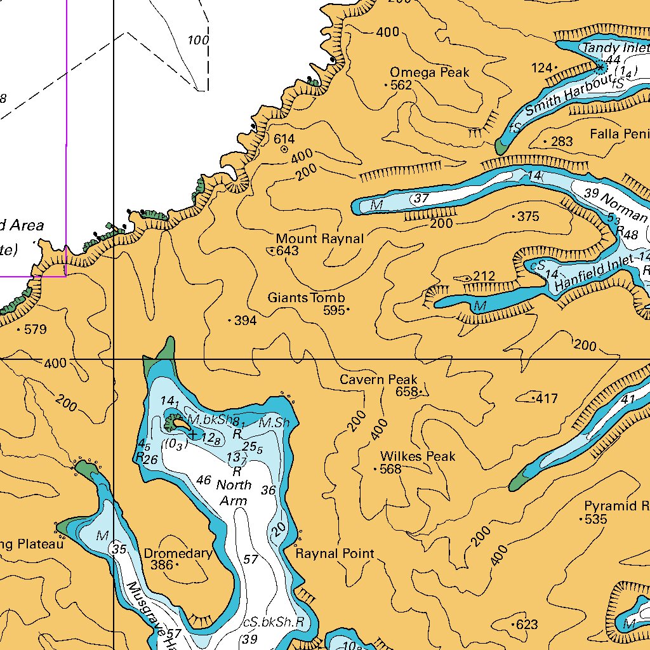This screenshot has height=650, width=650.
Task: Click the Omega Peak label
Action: tap(430, 72)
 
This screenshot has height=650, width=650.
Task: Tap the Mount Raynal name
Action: tap(320, 239)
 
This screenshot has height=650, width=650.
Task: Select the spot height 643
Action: tap(287, 251)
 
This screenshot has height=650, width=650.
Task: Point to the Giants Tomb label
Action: tap(306, 298)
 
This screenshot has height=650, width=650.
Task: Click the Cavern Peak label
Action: tap(378, 380)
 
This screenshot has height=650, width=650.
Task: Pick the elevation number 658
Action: tap(406, 392)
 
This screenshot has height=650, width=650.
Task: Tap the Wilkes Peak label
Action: tap(418, 456)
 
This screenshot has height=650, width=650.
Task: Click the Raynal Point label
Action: tap(335, 554)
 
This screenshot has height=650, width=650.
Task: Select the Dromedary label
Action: tap(178, 554)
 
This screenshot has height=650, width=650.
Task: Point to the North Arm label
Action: tap(234, 493)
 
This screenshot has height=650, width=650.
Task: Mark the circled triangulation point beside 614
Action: tap(284, 150)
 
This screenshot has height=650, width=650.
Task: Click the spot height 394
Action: tap(245, 321)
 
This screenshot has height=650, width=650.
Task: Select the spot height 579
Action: tap(36, 329)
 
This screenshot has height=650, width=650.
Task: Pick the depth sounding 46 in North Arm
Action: tap(203, 480)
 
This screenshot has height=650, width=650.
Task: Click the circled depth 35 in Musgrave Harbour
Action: tap(119, 549)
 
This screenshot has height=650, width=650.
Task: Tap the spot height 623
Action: tap(527, 625)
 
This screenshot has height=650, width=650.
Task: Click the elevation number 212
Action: tap(484, 276)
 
